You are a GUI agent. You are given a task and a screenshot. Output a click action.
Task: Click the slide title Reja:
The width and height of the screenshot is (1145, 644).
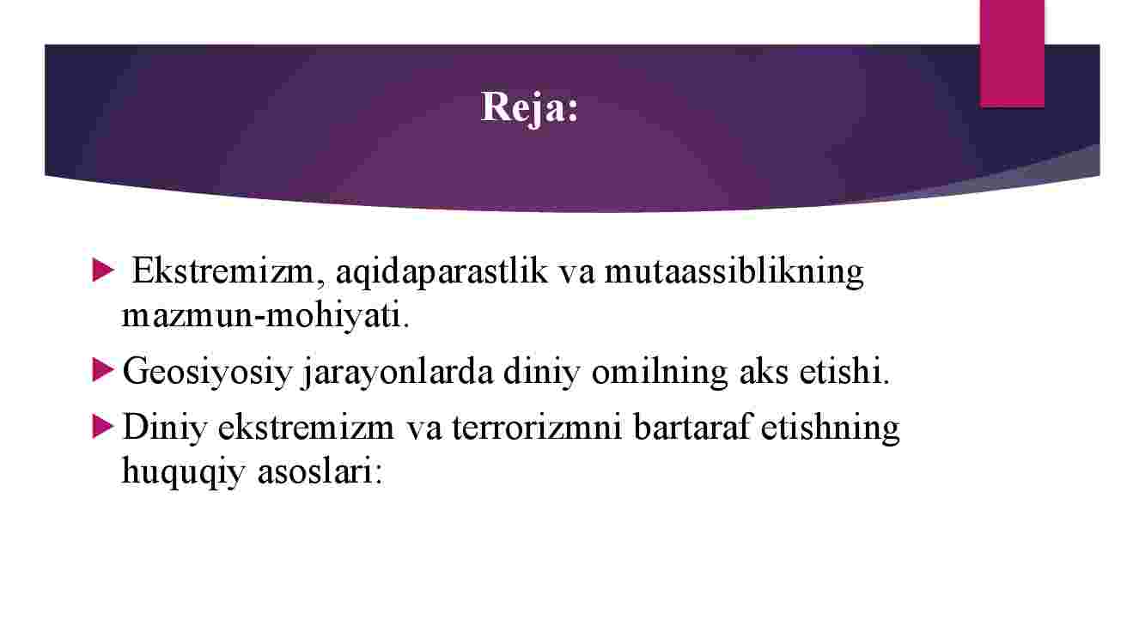coord(530,108)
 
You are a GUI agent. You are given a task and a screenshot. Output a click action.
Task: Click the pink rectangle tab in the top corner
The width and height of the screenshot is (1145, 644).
coord(1012,53)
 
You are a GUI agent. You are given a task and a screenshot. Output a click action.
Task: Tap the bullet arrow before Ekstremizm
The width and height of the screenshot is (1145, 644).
coord(102,270)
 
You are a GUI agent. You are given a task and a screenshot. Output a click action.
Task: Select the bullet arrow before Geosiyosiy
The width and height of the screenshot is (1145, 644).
coord(102,370)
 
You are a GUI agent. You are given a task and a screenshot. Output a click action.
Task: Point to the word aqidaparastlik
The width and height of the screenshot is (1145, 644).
coord(442,273)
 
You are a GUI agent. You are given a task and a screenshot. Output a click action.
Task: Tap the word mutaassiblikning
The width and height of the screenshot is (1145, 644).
coord(734,273)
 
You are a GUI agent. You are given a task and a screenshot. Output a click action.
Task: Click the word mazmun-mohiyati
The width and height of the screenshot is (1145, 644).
coord(265,316)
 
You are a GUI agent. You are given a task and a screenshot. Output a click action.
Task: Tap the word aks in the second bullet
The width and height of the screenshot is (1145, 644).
coord(764,372)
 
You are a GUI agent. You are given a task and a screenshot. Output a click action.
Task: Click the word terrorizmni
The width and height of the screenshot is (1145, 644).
coord(537,427)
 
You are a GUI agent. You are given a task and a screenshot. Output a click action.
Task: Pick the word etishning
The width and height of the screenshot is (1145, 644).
coord(830,428)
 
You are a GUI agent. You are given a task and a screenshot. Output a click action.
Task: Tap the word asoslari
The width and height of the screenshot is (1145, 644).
coord(320,471)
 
